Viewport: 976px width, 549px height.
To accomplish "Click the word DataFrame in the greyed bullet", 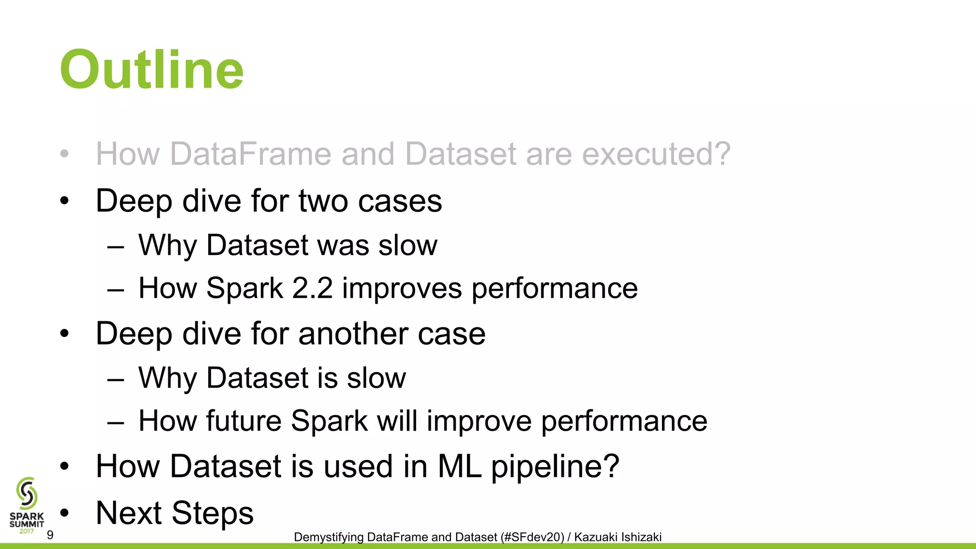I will coord(251,154).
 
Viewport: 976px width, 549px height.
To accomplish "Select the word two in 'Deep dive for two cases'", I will coord(324,201).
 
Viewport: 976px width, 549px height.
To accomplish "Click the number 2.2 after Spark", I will coord(312,288).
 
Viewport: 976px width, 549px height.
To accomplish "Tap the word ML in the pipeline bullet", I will coord(459,466).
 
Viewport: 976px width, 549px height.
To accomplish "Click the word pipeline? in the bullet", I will coord(555,466).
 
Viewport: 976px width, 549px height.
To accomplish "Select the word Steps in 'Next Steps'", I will coord(213,513).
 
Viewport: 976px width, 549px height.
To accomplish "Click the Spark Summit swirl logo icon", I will coord(27,493).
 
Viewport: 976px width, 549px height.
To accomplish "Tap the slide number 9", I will coord(50,535).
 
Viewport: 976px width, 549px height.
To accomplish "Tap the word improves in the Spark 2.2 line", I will coord(402,288).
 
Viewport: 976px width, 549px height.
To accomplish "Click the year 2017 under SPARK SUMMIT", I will coord(27,531).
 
